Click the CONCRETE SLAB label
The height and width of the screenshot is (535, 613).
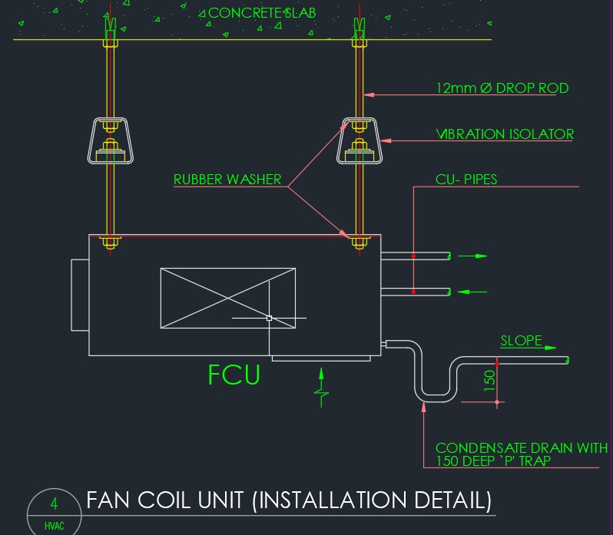coord(262,13)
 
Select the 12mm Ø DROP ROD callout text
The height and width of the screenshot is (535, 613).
coord(502,88)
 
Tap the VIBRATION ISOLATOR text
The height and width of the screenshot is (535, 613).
coord(505,134)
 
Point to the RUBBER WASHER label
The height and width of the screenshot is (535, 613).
coord(227,180)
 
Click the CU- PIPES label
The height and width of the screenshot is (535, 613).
coord(466,180)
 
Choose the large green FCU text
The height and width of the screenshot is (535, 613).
coord(234,375)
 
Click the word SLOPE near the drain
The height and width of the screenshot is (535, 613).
coord(522,342)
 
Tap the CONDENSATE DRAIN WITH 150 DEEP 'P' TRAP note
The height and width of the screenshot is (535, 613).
coord(521,454)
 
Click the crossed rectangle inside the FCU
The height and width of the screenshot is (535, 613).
coord(227,299)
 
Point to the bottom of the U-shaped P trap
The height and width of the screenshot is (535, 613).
coord(436,398)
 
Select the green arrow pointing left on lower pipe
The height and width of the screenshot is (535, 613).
coord(472,292)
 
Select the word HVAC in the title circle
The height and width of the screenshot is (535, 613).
coord(55,527)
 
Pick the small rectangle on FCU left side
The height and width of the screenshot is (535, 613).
coord(80,295)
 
